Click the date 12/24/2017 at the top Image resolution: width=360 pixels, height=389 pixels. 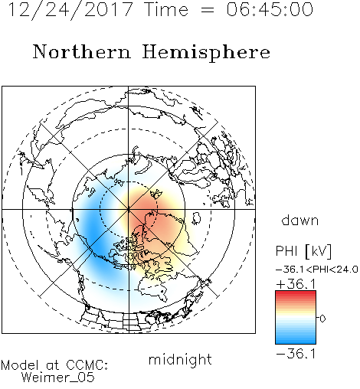pos(70,10)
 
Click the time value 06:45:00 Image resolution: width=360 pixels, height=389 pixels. pos(270,9)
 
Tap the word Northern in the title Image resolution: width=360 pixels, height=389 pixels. pos(82,52)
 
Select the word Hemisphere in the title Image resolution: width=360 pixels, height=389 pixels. pos(206,53)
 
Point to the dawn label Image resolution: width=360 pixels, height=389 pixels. pos(300,220)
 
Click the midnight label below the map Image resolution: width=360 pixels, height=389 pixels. pos(180,360)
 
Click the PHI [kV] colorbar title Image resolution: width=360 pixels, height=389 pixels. pos(303,251)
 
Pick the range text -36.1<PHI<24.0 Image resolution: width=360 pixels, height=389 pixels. pos(317,270)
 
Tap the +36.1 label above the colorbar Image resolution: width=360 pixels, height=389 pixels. pos(296,284)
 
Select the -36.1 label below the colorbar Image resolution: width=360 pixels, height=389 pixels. pos(296,354)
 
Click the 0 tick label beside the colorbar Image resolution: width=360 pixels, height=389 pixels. pos(322,319)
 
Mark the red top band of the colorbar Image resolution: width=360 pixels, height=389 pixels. pos(296,294)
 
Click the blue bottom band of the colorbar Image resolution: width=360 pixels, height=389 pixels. pos(296,341)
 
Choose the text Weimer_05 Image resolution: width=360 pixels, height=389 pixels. pos(58,378)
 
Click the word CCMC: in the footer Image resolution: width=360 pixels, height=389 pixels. pos(87,365)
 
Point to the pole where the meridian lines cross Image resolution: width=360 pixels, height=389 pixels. pos(129,209)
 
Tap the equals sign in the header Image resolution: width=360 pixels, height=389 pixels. pos(207,10)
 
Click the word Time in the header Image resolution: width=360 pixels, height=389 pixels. pos(166,9)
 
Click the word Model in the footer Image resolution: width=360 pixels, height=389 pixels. pos(20,365)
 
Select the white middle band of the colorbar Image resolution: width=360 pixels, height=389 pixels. pos(296,317)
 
